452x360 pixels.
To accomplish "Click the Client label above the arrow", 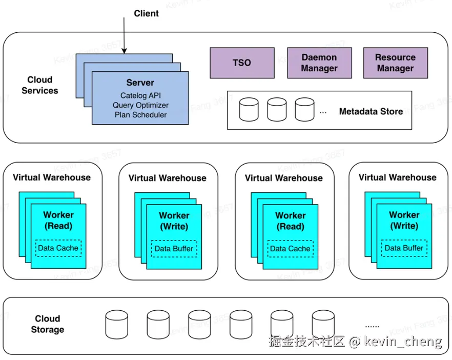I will [146, 13].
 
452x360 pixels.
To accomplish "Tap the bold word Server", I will [140, 83].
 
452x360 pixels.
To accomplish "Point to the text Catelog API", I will [140, 95].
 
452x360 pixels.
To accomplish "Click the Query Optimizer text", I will [140, 105].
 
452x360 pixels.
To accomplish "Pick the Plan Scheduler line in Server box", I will [140, 115].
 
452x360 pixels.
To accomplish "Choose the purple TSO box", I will [242, 63].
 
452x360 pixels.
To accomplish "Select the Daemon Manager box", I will [319, 63].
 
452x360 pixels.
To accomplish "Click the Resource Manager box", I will [395, 63].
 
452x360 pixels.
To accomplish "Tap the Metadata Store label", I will [371, 111].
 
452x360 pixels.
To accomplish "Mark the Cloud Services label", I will [40, 85].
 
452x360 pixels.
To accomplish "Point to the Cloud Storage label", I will [48, 324].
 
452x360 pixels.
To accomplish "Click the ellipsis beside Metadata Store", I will [323, 111].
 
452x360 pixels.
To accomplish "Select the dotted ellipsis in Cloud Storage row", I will [372, 325].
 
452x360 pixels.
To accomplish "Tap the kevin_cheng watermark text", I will [403, 342].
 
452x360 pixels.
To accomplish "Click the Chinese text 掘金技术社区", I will [306, 342].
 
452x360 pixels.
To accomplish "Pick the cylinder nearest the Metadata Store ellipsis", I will [304, 110].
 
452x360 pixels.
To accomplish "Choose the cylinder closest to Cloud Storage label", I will [116, 323].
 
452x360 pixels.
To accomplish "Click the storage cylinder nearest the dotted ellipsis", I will [323, 323].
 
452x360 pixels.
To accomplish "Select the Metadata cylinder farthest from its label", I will [249, 110].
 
